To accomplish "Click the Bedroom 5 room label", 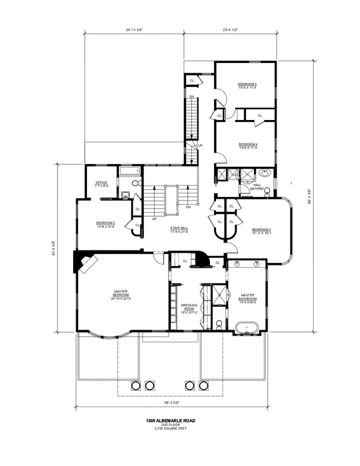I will (x=247, y=85).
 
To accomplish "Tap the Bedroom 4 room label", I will (x=247, y=146).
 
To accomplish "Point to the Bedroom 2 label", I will (x=105, y=225).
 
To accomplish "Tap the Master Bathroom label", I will (x=248, y=298).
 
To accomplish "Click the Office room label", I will (x=101, y=184).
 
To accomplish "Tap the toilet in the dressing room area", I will (x=219, y=325).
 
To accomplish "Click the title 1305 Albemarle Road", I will (x=179, y=421).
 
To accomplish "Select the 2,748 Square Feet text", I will (x=179, y=430).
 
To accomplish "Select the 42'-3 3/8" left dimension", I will (x=54, y=249).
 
